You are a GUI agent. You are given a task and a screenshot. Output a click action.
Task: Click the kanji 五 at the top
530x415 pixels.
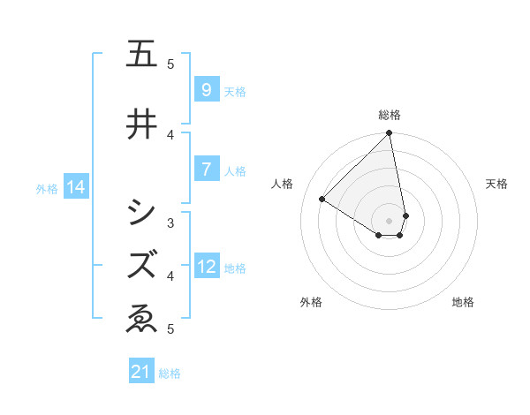pos(141,55)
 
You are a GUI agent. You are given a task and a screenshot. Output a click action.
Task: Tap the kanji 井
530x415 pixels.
pos(141,124)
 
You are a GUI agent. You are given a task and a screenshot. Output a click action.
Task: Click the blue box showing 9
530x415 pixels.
pos(206,90)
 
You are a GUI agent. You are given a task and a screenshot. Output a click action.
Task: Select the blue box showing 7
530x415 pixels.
pos(206,170)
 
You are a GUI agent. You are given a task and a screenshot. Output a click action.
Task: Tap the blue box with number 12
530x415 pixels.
pos(207,267)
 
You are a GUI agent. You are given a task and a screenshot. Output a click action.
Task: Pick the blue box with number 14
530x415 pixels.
pos(75,187)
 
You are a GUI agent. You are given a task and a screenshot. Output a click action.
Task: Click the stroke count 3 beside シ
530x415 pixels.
pos(170,223)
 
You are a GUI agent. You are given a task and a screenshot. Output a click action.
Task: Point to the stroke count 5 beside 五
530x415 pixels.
pos(170,64)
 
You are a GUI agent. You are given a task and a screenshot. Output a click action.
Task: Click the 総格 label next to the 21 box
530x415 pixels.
pos(170,373)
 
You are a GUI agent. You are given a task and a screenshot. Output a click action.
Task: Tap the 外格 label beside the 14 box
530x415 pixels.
pos(47,188)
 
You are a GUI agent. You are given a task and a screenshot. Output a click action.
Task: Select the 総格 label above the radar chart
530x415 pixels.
pos(390,115)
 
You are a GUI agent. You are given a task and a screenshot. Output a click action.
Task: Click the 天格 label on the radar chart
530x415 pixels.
pos(496,184)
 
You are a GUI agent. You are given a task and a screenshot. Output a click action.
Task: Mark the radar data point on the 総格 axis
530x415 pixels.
pos(390,134)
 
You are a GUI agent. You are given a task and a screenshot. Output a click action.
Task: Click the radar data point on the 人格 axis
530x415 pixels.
pos(322,200)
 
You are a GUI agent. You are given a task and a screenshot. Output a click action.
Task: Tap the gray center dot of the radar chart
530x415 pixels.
pos(390,220)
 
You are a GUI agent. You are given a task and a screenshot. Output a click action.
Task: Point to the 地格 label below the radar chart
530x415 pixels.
pos(463,302)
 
